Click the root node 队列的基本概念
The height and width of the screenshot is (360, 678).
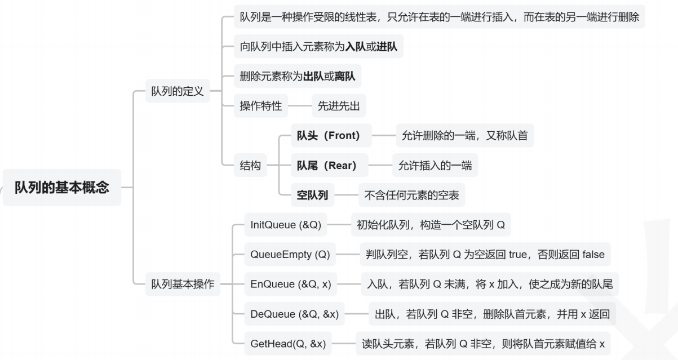click(62, 187)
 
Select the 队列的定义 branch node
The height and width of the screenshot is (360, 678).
click(178, 91)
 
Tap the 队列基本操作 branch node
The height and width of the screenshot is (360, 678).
click(183, 284)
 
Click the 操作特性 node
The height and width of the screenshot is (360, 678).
click(261, 105)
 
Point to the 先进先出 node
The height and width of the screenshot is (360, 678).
click(339, 105)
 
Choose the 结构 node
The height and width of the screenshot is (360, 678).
click(250, 166)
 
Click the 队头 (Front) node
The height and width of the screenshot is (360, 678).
click(329, 135)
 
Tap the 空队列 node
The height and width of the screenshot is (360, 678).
click(312, 195)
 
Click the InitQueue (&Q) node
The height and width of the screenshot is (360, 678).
click(286, 225)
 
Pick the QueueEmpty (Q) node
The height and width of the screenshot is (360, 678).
click(290, 255)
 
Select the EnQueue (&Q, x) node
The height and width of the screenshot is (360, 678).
click(290, 284)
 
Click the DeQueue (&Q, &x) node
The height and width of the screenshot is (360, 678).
click(294, 314)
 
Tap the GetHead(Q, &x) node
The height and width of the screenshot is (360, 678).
click(288, 343)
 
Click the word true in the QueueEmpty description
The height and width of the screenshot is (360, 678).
click(518, 255)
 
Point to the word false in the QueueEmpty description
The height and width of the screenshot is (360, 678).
click(590, 255)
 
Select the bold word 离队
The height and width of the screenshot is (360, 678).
click(345, 76)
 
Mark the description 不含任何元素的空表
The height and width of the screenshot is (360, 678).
click(411, 195)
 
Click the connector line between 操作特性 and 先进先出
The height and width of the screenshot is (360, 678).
click(300, 105)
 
